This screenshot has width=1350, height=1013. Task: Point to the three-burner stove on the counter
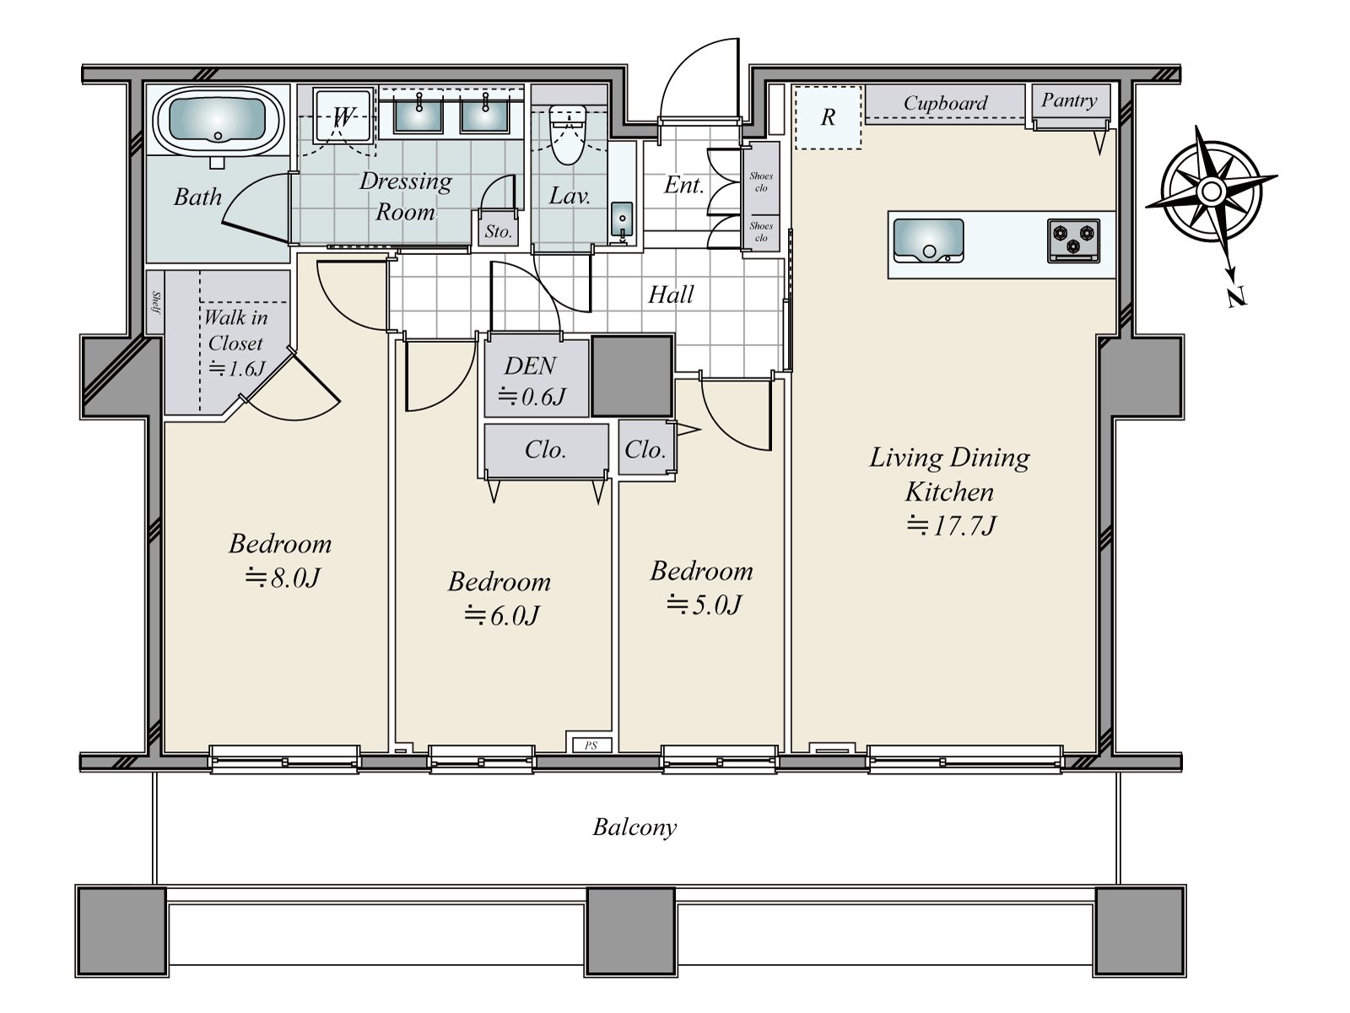point(1073,241)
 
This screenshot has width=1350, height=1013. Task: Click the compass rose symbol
point(1211,192)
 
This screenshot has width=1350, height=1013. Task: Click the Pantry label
point(1069,100)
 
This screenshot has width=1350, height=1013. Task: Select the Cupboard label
point(945,103)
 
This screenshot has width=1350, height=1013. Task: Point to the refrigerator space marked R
point(828,116)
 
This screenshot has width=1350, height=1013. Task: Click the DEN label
point(530,366)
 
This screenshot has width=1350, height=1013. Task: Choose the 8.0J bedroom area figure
point(283,577)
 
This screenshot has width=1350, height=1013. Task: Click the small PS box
point(591,745)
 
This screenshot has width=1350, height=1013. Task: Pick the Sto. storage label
point(498,231)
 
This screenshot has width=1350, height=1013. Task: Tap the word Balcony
point(634,828)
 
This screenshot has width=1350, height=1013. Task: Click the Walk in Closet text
point(235,330)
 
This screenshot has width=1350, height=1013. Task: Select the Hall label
point(671,295)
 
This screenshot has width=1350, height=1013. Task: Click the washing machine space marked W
point(343,116)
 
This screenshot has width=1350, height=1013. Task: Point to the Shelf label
point(155,302)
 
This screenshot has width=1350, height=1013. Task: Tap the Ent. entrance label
point(683,185)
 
